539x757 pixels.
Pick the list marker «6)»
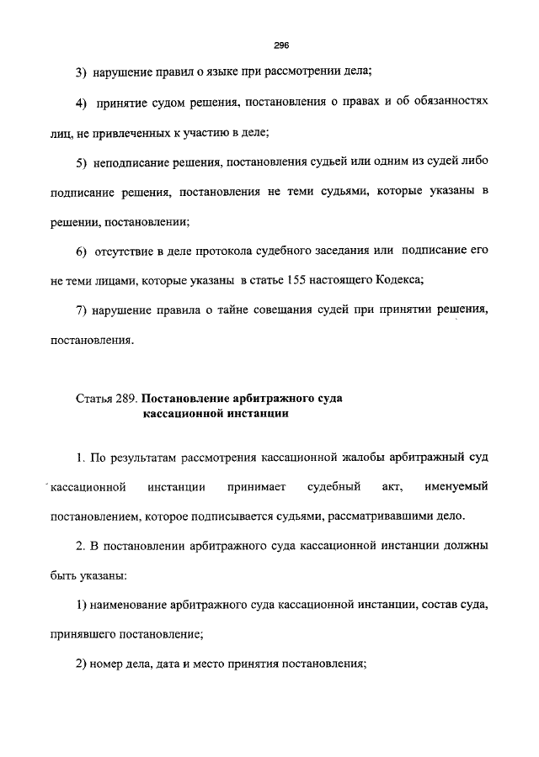click(82, 251)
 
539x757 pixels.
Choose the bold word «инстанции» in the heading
click(254, 413)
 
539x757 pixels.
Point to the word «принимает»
click(256, 487)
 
